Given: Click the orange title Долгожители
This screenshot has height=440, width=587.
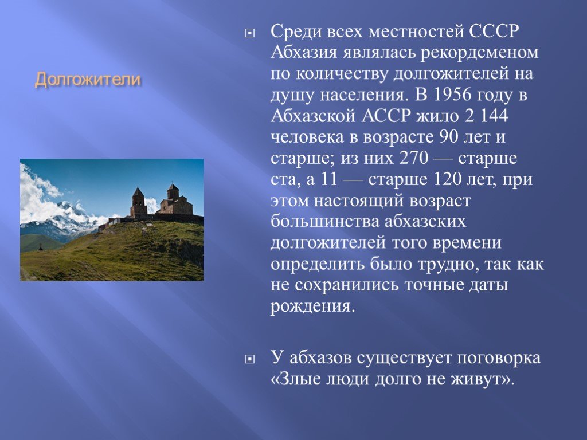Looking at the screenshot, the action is pos(88,80).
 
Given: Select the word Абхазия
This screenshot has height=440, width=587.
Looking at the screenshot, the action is pos(304,52).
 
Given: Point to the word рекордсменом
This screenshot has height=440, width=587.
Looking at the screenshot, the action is pos(480,53).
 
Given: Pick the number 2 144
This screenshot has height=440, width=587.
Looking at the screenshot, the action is pos(486,116).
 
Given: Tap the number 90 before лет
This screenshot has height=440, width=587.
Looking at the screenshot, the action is pos(448,137).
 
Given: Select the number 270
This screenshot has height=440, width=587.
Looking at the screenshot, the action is pos(414,158).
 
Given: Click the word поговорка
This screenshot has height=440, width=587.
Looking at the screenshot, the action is pos(499,358).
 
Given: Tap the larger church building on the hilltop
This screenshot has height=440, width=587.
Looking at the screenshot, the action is pos(175,201).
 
